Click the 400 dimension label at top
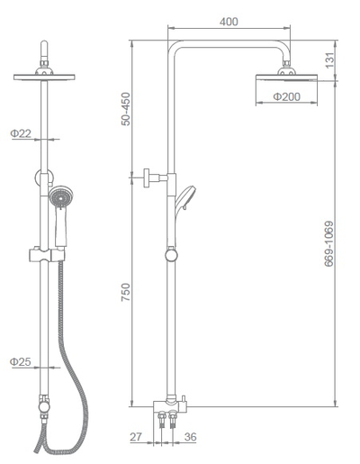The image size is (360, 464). pos(229,22)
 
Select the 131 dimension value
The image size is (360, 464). pos(329,60)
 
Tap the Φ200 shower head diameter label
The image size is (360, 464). pos(286,96)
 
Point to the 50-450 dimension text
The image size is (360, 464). pos(126,109)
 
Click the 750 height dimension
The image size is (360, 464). pos(126,292)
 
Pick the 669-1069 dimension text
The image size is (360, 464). pos(328,244)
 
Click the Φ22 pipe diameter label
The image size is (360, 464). pos(21,133)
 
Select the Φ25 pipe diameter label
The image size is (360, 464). pos(21,361)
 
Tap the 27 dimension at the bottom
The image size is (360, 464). pos(136,437)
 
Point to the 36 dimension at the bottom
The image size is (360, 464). pos(191,437)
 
